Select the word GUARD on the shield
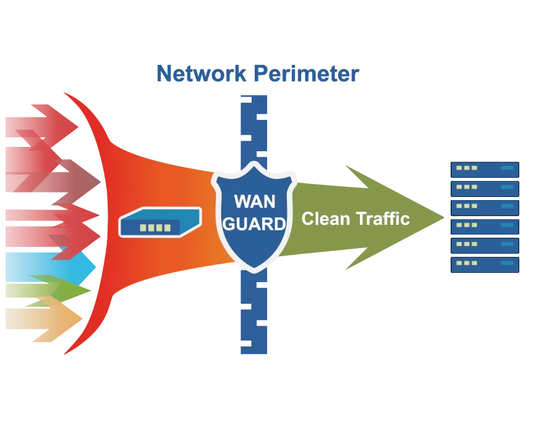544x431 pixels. point(254,224)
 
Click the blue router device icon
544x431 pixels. point(159,223)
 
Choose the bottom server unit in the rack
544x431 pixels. point(484,265)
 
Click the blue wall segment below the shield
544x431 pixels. point(254,315)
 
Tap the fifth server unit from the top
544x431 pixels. point(484,246)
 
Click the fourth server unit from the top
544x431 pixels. point(484,227)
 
